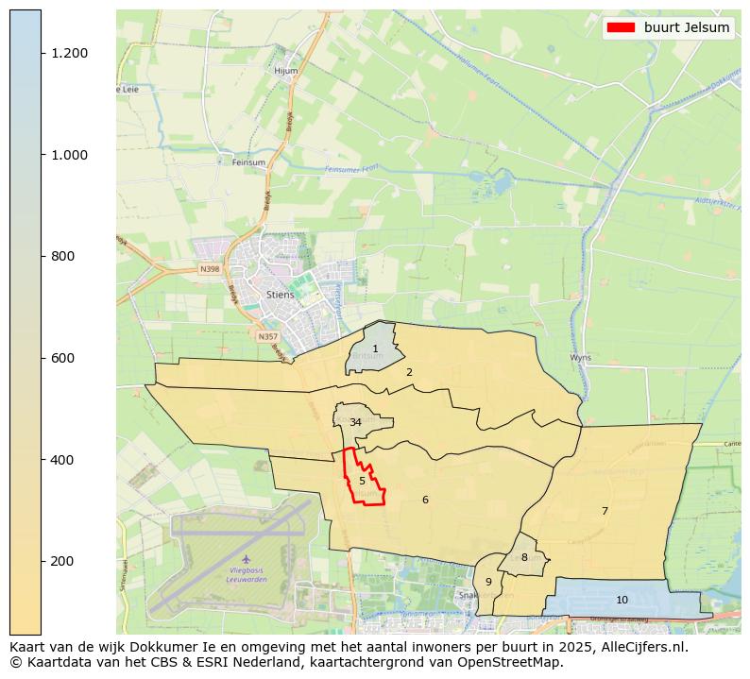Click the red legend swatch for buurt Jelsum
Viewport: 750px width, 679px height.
622,27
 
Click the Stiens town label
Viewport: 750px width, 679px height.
280,295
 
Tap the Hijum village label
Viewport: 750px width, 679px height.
285,71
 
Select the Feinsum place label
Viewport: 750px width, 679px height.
248,162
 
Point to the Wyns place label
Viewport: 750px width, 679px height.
580,358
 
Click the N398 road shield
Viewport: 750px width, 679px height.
210,269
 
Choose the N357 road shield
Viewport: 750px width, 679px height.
268,336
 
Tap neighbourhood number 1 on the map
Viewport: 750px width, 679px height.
375,349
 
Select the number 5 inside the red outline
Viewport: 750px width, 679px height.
362,481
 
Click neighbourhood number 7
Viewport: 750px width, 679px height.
605,511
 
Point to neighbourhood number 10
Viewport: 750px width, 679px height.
622,600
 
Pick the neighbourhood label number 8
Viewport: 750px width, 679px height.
524,557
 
